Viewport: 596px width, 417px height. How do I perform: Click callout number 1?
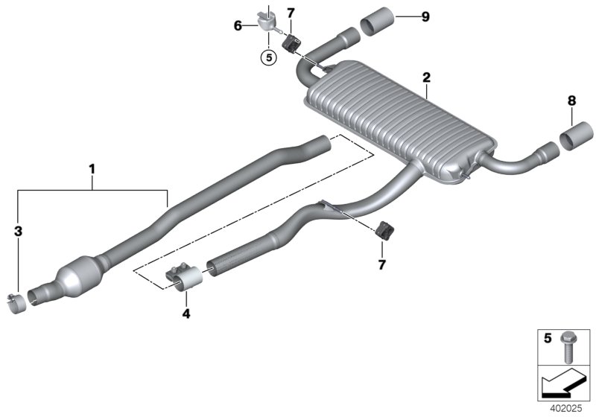[x=92, y=170]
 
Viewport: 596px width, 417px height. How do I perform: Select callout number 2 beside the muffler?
[x=426, y=77]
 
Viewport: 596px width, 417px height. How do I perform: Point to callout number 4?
[x=186, y=314]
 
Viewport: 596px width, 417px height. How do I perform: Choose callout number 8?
[x=571, y=99]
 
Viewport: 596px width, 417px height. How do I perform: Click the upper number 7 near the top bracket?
[x=291, y=13]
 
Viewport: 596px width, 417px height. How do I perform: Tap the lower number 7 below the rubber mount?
[x=382, y=264]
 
